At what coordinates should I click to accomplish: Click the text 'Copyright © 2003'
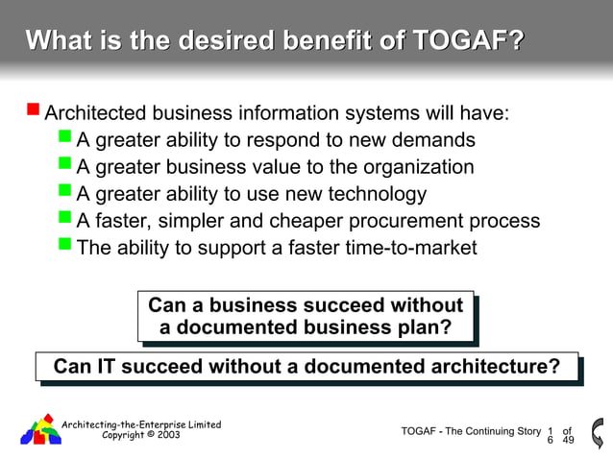coord(140,435)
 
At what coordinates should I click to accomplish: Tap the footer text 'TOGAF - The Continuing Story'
coord(471,431)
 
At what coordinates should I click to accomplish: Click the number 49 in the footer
coord(568,441)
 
